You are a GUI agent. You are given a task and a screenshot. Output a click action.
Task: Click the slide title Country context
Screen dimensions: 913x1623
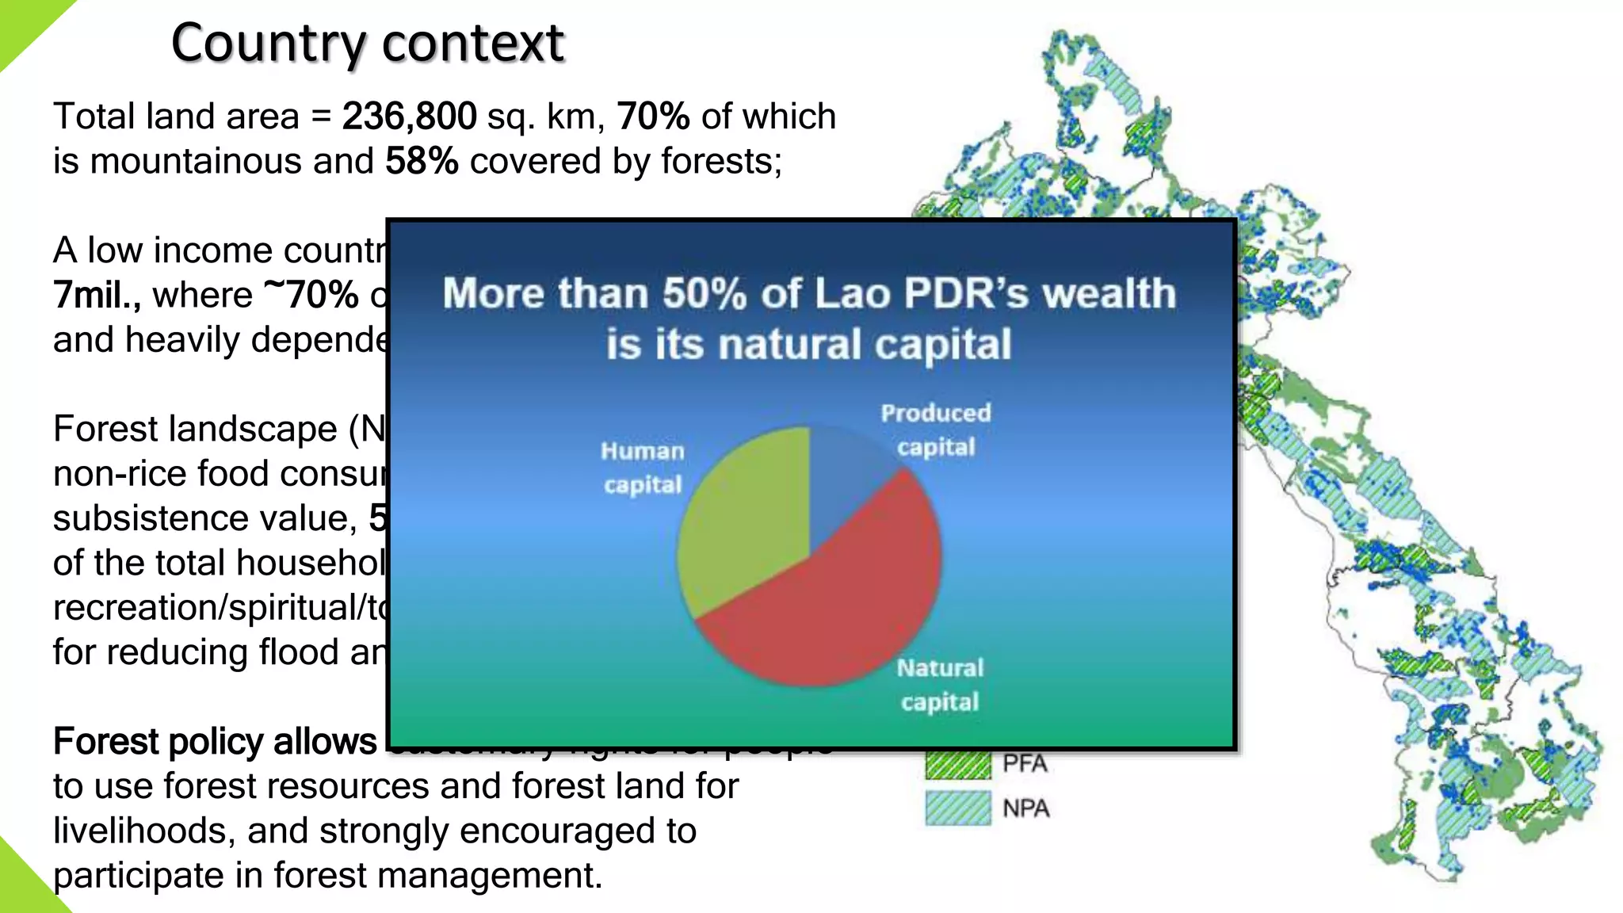click(368, 43)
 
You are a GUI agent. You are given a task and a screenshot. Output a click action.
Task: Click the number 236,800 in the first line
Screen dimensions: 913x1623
click(409, 117)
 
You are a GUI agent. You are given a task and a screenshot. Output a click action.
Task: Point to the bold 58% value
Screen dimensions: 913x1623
click(422, 162)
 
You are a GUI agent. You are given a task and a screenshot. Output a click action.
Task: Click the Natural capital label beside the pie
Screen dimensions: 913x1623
click(940, 685)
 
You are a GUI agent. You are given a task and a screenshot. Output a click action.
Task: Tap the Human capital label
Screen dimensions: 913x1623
click(643, 468)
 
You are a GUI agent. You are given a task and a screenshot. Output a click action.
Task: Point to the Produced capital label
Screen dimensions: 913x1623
click(936, 430)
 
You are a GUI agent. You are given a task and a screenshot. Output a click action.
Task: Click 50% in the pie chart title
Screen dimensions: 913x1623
click(705, 294)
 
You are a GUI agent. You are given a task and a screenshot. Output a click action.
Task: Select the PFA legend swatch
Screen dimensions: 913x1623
click(958, 764)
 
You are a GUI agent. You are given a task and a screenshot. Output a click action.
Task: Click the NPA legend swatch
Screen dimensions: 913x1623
click(958, 808)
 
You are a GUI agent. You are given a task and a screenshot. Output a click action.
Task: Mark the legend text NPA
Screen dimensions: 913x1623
click(1025, 808)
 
